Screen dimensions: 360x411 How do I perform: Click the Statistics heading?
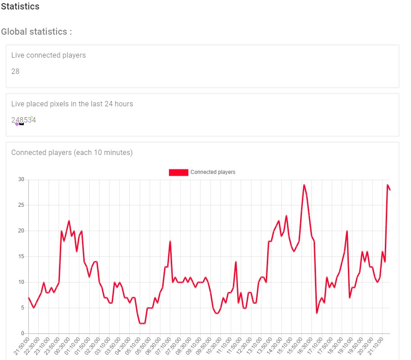coord(20,7)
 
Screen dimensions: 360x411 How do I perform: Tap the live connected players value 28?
coord(15,71)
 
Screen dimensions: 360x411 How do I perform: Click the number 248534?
coord(23,120)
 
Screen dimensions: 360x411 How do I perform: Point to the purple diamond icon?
coord(17,124)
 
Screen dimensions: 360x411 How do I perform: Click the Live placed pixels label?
coord(72,104)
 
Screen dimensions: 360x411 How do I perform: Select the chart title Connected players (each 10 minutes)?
coord(72,153)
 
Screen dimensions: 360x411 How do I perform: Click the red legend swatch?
coord(178,172)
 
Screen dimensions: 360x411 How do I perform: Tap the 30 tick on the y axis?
coord(21,179)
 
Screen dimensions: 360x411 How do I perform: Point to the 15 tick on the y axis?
coord(21,256)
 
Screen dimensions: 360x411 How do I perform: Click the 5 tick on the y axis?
coord(22,308)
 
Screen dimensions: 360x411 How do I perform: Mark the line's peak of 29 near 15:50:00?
coord(304,185)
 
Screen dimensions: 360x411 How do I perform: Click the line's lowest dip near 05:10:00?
coord(142,324)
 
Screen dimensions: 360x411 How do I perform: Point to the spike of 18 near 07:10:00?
coord(170,242)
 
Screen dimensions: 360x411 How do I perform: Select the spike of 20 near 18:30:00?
coord(347,231)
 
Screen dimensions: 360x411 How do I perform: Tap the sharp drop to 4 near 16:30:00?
coord(317,313)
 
